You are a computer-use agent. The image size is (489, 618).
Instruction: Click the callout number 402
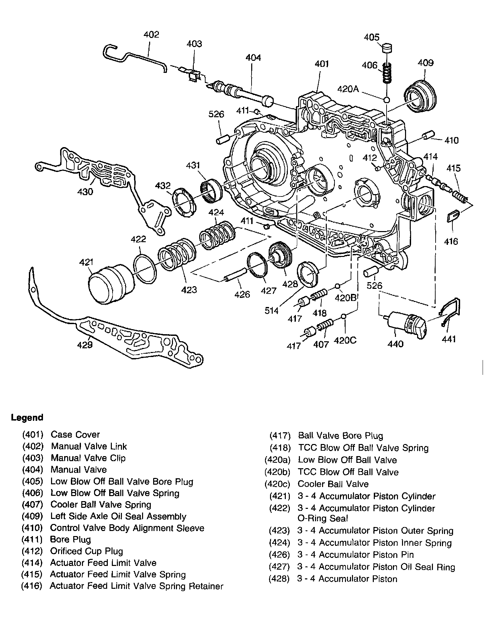pyautogui.click(x=151, y=35)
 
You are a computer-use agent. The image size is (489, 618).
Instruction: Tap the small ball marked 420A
pyautogui.click(x=387, y=100)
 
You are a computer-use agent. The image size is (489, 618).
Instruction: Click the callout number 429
pyautogui.click(x=85, y=345)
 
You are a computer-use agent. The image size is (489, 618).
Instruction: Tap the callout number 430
pyautogui.click(x=85, y=192)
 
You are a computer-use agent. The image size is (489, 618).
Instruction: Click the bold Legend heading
pyautogui.click(x=27, y=418)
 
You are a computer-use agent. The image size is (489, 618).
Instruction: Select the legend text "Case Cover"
pyautogui.click(x=75, y=435)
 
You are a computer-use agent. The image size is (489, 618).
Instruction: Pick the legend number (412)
pyautogui.click(x=33, y=551)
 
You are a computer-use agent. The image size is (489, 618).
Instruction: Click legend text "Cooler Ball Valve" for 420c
pyautogui.click(x=333, y=484)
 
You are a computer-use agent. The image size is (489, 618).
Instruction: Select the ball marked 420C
pyautogui.click(x=343, y=317)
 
